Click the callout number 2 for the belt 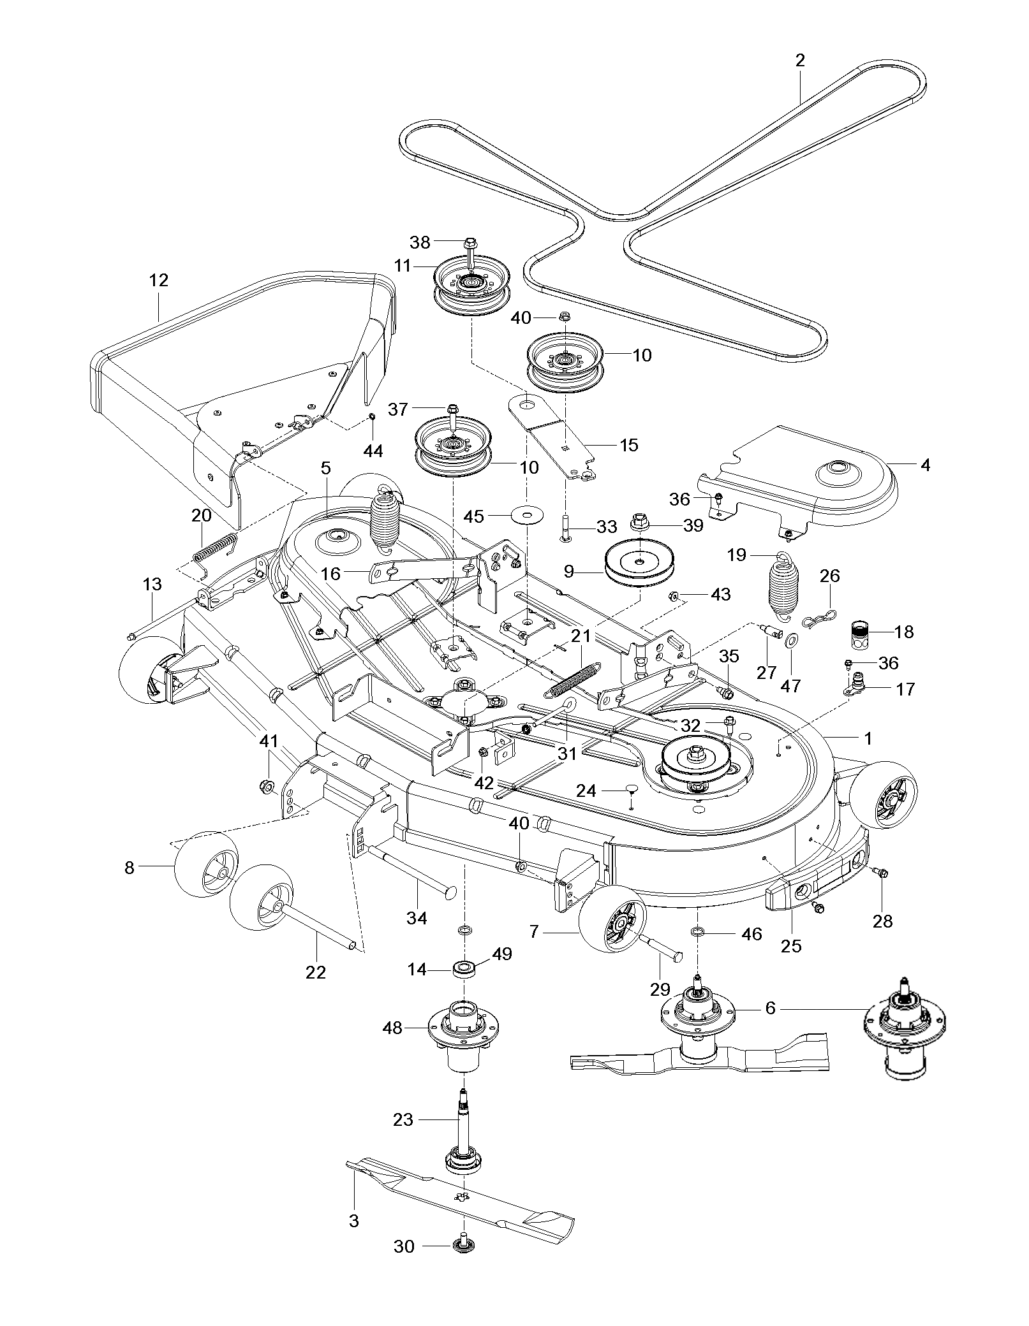[800, 61]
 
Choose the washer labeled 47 [791, 639]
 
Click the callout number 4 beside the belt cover [924, 465]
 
